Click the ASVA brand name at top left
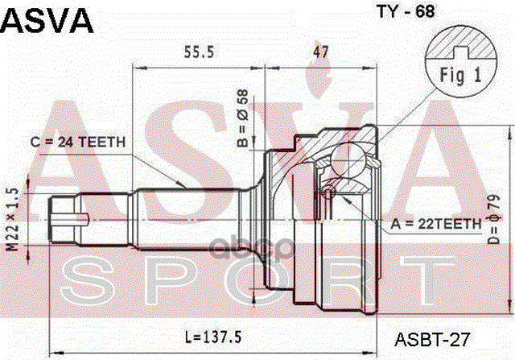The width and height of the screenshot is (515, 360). (47, 19)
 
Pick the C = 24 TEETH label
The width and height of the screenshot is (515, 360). (77, 143)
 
